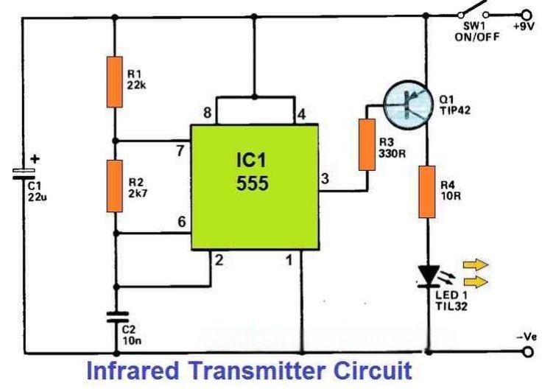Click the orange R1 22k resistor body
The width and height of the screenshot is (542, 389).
pos(115,82)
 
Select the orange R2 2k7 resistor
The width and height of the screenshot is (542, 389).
pos(115,186)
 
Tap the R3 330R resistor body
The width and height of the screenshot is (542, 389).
pos(367,144)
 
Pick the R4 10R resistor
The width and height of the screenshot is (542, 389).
pos(427,192)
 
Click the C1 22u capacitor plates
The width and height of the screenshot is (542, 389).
pos(24,174)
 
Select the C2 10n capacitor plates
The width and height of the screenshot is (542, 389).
pos(117,317)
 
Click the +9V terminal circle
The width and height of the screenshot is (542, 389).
pos(527,15)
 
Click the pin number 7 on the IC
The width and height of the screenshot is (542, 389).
pos(180,151)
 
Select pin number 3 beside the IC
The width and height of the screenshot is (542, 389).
pos(325,179)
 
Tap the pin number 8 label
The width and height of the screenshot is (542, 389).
pos(208,113)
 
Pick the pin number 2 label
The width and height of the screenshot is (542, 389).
pos(219,260)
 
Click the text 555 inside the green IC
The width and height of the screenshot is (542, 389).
pos(253,183)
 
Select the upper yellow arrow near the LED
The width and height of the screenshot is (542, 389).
pos(476,265)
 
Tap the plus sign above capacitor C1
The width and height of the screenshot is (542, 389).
pos(35,159)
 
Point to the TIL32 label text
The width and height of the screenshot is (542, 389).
pos(451,306)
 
